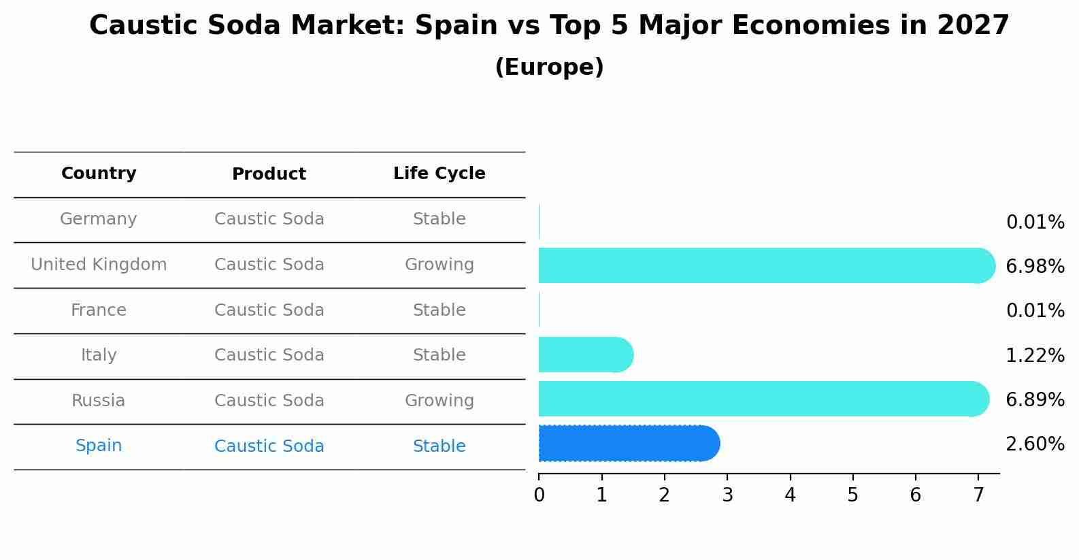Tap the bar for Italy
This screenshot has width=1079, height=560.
[586, 355]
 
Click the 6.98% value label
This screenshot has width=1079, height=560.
[1035, 267]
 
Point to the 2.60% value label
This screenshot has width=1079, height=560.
[1035, 444]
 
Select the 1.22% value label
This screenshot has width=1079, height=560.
[1035, 356]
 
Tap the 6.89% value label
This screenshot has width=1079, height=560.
[1035, 400]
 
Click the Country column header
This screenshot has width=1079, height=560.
[99, 174]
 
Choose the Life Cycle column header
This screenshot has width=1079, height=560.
[439, 174]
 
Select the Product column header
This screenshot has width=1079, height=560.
[269, 174]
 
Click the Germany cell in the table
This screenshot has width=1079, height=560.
[99, 219]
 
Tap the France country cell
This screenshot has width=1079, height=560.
[99, 310]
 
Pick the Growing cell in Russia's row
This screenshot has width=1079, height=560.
[439, 401]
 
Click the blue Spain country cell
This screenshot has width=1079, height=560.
[99, 446]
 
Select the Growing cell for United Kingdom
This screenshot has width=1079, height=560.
[439, 265]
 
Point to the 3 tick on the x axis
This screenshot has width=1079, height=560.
[727, 495]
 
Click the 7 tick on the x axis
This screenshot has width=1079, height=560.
[978, 495]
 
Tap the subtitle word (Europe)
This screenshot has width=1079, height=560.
[549, 67]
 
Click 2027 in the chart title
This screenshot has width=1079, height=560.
[973, 26]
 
